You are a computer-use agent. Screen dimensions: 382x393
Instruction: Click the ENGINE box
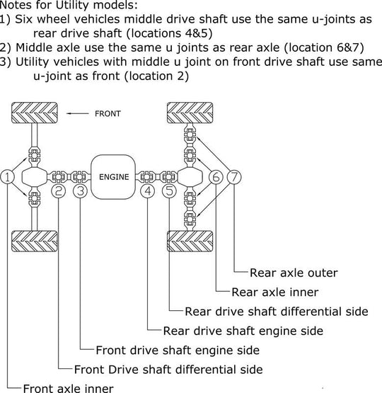[113, 177]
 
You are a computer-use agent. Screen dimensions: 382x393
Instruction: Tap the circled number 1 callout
[8, 177]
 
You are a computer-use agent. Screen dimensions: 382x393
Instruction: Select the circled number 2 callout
[58, 191]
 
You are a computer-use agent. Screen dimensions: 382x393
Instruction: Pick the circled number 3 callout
[81, 191]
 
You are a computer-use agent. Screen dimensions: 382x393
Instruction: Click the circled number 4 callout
[148, 191]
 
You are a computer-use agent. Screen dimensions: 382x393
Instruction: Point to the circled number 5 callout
[170, 191]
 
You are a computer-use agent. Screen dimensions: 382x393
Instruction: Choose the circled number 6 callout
[216, 177]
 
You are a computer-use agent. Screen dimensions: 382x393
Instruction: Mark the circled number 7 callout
[234, 177]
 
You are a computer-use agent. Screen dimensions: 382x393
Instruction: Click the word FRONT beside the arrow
[108, 114]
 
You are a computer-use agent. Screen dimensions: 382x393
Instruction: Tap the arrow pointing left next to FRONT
[77, 113]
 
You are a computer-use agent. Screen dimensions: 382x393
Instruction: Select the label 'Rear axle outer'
[294, 273]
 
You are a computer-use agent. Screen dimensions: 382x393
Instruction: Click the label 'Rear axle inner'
[275, 292]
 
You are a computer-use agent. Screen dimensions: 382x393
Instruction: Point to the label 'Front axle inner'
[68, 388]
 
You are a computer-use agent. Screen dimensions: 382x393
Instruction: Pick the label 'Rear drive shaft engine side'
[243, 331]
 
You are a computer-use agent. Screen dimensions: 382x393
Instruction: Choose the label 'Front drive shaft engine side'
[178, 350]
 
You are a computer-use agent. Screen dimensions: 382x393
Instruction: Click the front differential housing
[34, 177]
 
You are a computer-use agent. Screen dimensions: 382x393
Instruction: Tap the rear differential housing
[190, 177]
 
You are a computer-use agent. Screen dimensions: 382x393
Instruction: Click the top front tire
[35, 113]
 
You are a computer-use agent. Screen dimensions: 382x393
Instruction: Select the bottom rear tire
[190, 241]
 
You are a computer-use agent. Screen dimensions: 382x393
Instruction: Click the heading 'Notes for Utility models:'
[69, 5]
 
